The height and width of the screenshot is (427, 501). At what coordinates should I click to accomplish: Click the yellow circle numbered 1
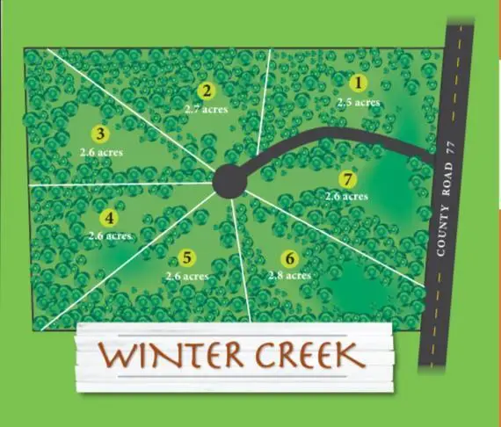click(x=357, y=84)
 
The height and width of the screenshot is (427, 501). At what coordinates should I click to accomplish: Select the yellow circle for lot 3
click(x=100, y=134)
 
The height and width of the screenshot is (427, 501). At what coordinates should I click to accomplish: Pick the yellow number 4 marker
click(x=109, y=218)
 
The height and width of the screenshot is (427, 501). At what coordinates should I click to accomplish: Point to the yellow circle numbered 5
click(x=186, y=257)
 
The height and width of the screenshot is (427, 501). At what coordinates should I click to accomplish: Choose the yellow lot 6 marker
click(x=289, y=258)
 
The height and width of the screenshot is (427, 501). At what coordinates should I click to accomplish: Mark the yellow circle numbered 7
click(x=349, y=179)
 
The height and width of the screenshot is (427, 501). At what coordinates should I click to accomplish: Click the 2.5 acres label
click(x=358, y=103)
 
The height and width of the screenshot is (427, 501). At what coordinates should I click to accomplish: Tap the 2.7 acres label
click(x=207, y=109)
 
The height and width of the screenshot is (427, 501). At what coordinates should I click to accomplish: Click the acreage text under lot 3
click(x=100, y=152)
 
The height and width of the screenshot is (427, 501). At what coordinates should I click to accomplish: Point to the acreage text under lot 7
click(x=346, y=197)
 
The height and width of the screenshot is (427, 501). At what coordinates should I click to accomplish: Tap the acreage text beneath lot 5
click(x=186, y=276)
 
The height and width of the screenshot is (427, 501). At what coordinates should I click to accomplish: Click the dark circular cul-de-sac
click(x=229, y=181)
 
